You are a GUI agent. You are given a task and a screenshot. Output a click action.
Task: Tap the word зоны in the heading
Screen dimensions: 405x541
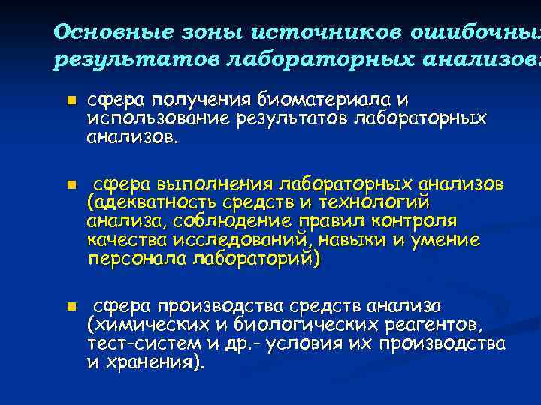(201, 33)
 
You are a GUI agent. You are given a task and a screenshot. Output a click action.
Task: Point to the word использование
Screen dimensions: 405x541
(159, 119)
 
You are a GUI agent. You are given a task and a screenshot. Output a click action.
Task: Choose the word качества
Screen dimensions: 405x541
(124, 241)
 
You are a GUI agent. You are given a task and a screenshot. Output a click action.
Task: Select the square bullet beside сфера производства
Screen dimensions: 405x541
(69, 307)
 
